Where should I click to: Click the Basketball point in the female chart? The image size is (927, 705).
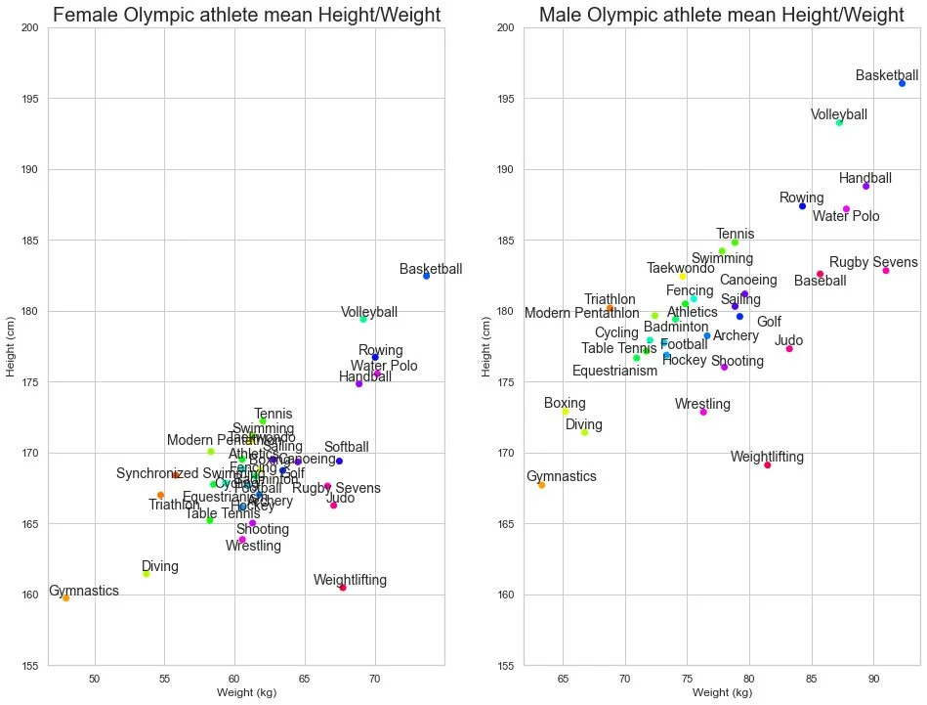pos(426,276)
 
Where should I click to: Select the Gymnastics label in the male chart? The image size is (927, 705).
pos(562,477)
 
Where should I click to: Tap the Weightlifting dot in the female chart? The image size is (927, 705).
pos(343,588)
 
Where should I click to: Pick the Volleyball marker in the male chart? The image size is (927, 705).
pos(839,122)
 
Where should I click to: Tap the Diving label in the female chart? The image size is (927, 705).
pos(159,566)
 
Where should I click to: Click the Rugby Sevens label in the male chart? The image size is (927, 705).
pos(873,262)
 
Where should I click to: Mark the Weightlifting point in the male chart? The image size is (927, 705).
pos(768,464)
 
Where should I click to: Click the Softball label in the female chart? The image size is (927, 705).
pos(346,448)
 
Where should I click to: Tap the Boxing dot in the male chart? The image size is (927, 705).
pos(566,412)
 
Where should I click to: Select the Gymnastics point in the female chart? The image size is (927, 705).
pos(65,597)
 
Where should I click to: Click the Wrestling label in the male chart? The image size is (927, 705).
pos(702,404)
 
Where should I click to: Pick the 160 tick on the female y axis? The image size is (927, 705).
pos(30,595)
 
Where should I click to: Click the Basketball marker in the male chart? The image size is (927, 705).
pos(903,83)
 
